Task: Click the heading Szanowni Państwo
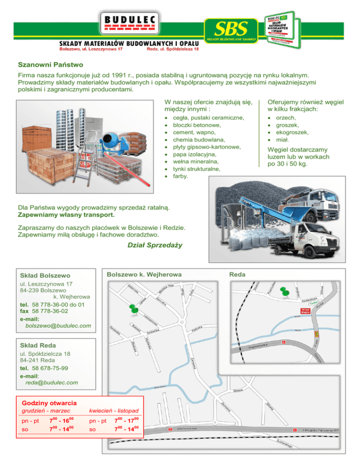(x=50, y=64)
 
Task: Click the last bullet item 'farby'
(x=181, y=176)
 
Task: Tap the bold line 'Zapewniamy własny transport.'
(x=66, y=215)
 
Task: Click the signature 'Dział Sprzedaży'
(x=155, y=245)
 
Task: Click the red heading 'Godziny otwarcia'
(x=49, y=403)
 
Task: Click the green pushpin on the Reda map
(x=283, y=291)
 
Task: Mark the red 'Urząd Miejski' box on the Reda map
(x=304, y=311)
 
